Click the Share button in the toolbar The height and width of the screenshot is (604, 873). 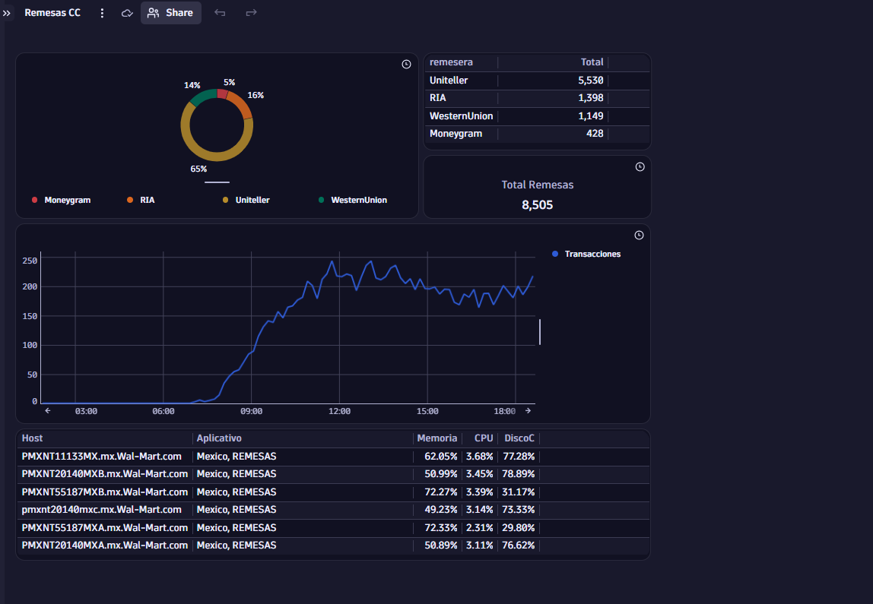pos(170,13)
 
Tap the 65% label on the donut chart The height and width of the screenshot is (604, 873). pos(198,169)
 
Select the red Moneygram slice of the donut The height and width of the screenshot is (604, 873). pos(222,93)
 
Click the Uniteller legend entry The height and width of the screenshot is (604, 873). pos(246,200)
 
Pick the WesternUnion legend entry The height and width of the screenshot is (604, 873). pos(352,200)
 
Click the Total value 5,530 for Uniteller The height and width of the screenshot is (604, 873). pos(590,80)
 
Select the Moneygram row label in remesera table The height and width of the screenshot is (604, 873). pos(456,134)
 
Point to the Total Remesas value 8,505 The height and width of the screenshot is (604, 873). pos(538,204)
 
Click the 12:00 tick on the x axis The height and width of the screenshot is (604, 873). pos(340,411)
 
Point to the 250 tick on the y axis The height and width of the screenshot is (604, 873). pos(30,261)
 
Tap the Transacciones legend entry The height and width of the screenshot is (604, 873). pos(586,254)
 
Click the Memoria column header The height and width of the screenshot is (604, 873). pos(437,438)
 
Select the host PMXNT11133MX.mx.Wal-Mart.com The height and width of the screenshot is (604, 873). pos(101,456)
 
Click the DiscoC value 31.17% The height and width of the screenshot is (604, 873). pos(518,492)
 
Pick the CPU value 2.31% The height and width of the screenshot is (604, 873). pos(479,527)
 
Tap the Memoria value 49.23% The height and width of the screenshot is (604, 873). pos(440,510)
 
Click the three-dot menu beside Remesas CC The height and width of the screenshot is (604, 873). pos(102,13)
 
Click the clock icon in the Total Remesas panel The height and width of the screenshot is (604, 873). pos(640,167)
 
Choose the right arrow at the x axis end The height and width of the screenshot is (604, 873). pos(528,410)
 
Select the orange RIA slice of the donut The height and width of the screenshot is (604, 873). pos(240,105)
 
